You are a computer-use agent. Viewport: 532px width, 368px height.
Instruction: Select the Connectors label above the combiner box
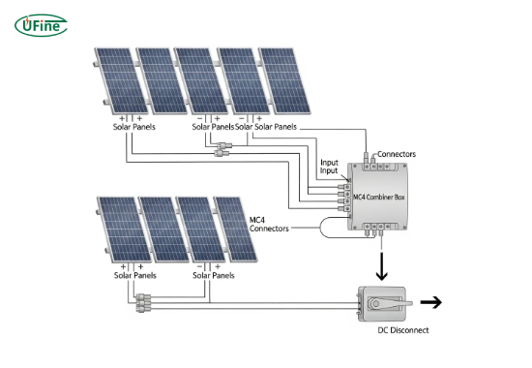click(x=396, y=154)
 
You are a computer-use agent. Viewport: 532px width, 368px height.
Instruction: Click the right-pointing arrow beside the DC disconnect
click(x=431, y=302)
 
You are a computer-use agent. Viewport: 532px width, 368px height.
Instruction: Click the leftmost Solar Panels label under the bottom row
click(x=135, y=275)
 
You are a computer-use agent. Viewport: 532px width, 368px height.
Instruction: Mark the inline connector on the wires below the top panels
click(x=222, y=151)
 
